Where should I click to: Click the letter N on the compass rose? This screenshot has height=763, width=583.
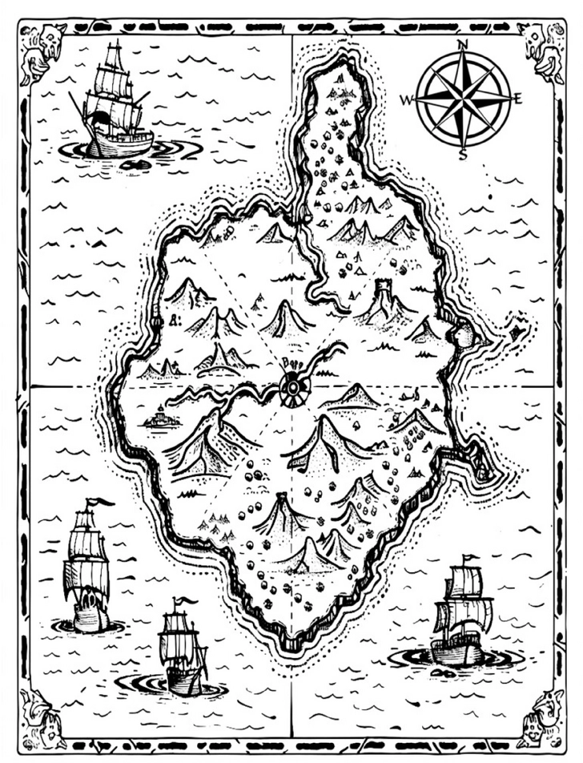pyautogui.click(x=463, y=45)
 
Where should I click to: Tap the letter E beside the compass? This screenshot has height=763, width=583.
pyautogui.click(x=518, y=99)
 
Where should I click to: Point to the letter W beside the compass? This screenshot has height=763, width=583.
pyautogui.click(x=407, y=100)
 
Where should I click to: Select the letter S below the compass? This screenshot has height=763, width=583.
pyautogui.click(x=463, y=155)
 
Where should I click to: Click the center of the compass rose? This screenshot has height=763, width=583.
pyautogui.click(x=463, y=99)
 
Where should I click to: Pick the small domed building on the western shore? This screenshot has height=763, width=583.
pyautogui.click(x=161, y=418)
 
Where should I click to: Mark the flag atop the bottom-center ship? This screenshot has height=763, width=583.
pyautogui.click(x=187, y=600)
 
